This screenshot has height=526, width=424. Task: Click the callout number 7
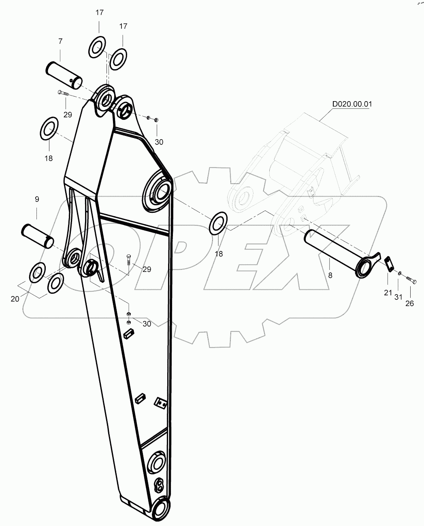tap(60, 41)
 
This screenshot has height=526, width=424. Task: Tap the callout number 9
tap(37, 199)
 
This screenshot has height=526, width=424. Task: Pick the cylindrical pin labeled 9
tap(37, 235)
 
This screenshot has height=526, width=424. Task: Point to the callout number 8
tap(330, 276)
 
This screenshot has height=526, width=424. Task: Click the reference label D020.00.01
tap(352, 104)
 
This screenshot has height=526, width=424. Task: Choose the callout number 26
tap(409, 303)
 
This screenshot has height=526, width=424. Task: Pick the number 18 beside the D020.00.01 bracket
tap(219, 254)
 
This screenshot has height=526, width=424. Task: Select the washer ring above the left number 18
tap(49, 127)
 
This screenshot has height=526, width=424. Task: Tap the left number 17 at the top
tap(100, 13)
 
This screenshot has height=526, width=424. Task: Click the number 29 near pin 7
tap(67, 115)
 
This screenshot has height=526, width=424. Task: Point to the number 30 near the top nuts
tap(159, 142)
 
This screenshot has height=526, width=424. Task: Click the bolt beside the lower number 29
tap(128, 259)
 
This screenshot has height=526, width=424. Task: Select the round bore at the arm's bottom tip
tap(161, 507)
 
